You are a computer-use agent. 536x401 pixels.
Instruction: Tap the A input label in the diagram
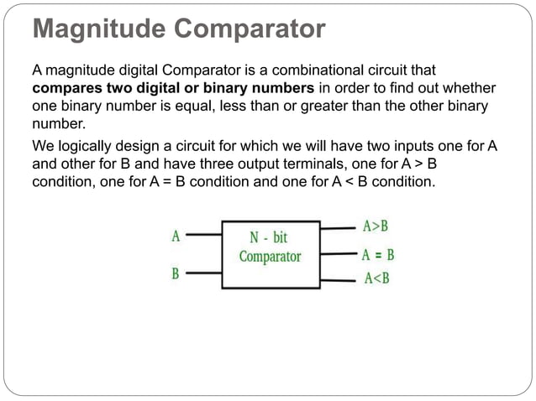pyautogui.click(x=175, y=236)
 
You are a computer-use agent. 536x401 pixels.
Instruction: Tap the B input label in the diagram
pyautogui.click(x=175, y=273)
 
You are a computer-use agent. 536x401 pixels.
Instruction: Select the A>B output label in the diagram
pyautogui.click(x=376, y=227)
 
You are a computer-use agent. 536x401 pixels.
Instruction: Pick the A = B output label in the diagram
pyautogui.click(x=378, y=254)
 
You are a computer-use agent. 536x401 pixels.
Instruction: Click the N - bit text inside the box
pyautogui.click(x=270, y=238)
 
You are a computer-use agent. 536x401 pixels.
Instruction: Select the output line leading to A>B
pyautogui.click(x=338, y=227)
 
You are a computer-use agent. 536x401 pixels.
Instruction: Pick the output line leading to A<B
pyautogui.click(x=338, y=279)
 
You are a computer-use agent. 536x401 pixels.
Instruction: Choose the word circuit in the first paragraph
pyautogui.click(x=418, y=70)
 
